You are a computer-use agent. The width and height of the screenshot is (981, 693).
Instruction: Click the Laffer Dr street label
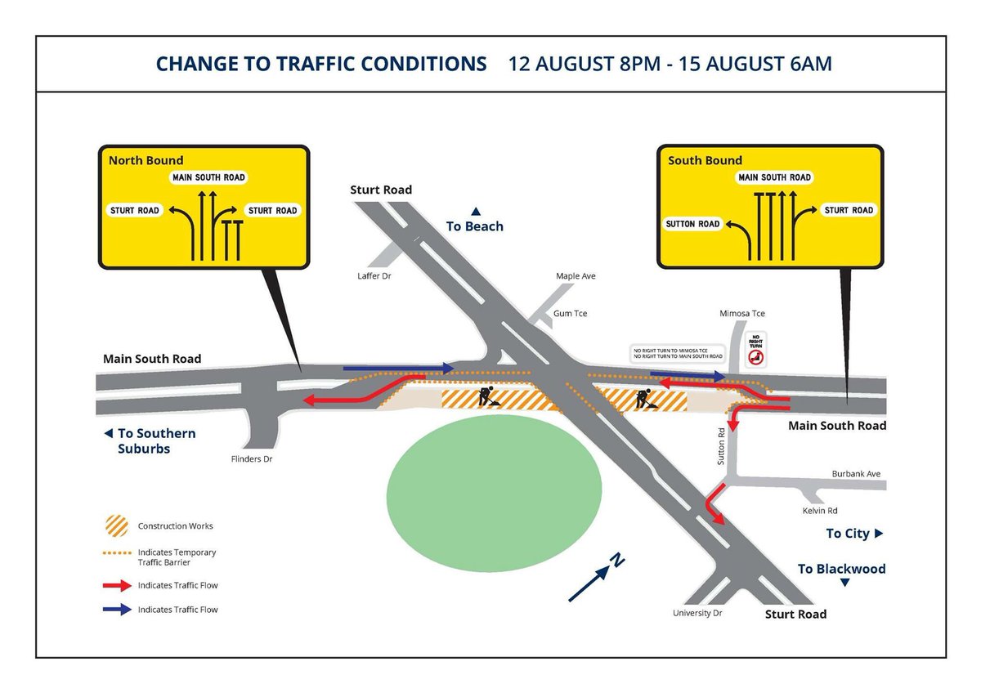click(375, 276)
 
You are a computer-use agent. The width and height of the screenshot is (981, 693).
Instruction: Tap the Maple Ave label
click(576, 276)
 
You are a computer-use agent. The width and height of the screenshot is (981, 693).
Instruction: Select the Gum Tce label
click(570, 314)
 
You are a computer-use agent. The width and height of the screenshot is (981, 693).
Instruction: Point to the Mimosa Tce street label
click(741, 314)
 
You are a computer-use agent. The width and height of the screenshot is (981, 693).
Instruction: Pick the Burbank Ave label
click(856, 474)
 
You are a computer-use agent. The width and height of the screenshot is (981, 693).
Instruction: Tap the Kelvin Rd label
click(820, 511)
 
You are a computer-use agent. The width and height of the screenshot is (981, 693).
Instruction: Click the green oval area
click(494, 487)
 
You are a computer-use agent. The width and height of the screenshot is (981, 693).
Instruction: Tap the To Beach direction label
click(474, 226)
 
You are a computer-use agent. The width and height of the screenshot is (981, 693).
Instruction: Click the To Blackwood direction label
click(841, 569)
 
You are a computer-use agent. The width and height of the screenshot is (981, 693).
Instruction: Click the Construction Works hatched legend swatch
click(117, 525)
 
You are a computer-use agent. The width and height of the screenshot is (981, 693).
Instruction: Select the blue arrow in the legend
click(117, 610)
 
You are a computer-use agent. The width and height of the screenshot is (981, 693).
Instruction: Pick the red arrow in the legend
click(117, 585)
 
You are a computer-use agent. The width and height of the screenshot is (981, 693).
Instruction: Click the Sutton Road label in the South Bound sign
click(692, 224)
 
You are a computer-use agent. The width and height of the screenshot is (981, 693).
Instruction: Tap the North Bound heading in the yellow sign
click(146, 161)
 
